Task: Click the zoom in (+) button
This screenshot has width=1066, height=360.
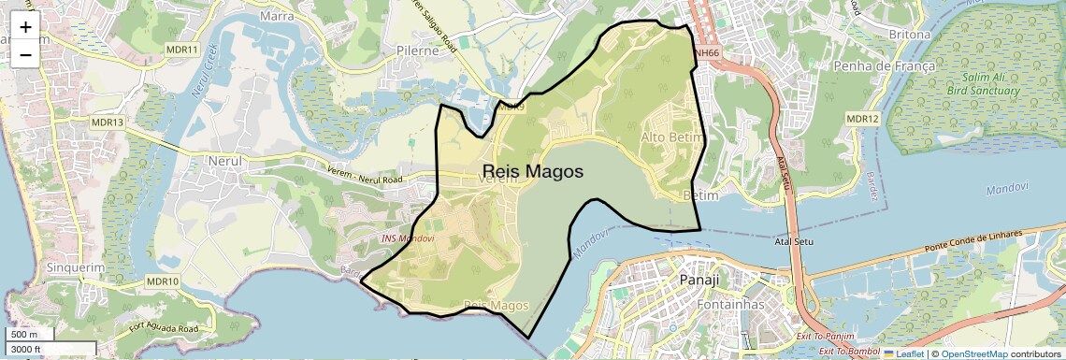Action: [25, 27]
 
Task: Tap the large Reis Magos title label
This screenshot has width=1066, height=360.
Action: [532, 172]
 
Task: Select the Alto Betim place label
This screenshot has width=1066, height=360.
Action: [670, 138]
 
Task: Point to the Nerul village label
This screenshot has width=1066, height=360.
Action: [223, 161]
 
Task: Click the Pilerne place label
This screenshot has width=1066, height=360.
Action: [417, 50]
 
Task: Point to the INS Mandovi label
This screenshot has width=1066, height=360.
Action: [408, 238]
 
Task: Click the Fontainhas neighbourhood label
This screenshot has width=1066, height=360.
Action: [731, 305]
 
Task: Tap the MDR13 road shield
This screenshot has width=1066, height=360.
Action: [108, 122]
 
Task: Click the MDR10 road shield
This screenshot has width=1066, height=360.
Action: [162, 281]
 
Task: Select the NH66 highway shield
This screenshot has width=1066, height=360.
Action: [706, 53]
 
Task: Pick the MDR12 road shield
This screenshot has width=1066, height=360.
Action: [862, 119]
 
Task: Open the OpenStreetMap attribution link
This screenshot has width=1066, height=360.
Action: [973, 353]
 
